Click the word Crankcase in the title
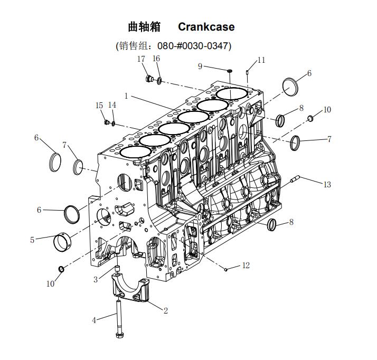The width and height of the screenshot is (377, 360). [206, 27]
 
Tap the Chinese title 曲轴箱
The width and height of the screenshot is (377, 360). [144, 27]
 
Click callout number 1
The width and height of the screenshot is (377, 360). [127, 96]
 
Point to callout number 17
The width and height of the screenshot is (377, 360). [141, 59]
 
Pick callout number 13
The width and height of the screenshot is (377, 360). [327, 184]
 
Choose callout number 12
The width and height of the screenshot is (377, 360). [246, 266]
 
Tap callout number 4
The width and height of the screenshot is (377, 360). [95, 320]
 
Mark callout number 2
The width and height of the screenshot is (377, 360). [165, 310]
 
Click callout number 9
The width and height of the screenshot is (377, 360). [200, 66]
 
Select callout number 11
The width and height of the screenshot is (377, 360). [261, 60]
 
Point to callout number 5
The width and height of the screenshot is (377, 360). [32, 240]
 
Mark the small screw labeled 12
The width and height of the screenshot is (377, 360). [226, 269]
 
